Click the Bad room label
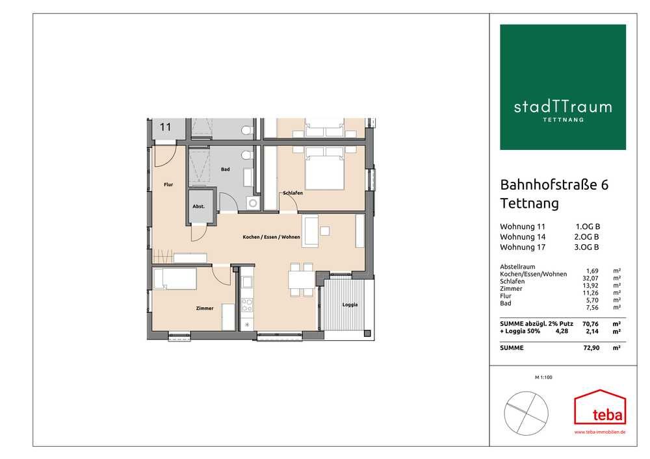click(x=225, y=169)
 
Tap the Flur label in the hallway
click(x=168, y=184)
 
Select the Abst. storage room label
click(x=198, y=206)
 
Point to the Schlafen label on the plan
click(x=292, y=193)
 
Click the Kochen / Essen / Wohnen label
click(x=271, y=237)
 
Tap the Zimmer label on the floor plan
click(x=205, y=308)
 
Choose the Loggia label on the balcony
click(x=350, y=304)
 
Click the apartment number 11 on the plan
click(x=165, y=127)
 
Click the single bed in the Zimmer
click(x=174, y=279)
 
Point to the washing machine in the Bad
click(x=252, y=203)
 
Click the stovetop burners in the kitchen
click(x=247, y=305)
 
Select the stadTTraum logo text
click(x=562, y=107)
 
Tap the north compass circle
click(x=526, y=414)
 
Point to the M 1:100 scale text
click(x=543, y=377)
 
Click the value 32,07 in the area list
click(x=590, y=278)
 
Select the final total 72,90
click(x=591, y=348)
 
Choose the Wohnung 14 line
click(x=549, y=237)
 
